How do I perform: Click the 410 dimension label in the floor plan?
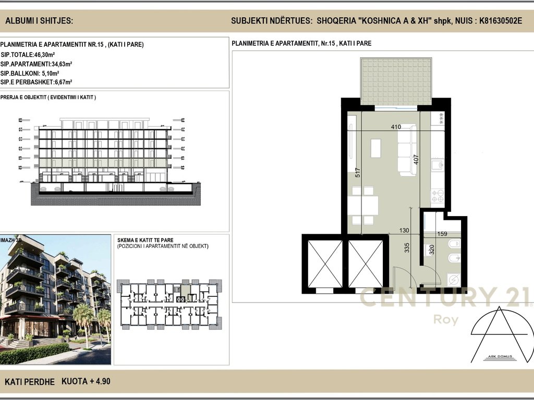(395, 127)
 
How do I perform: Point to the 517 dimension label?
(358, 172)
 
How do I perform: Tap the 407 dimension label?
(416, 159)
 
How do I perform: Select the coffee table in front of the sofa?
(375, 147)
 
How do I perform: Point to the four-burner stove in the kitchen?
(437, 196)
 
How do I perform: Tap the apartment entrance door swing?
(402, 276)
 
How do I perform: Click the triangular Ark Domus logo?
(499, 335)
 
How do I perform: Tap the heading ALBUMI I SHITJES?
(39, 21)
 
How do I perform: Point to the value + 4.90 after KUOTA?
(100, 382)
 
